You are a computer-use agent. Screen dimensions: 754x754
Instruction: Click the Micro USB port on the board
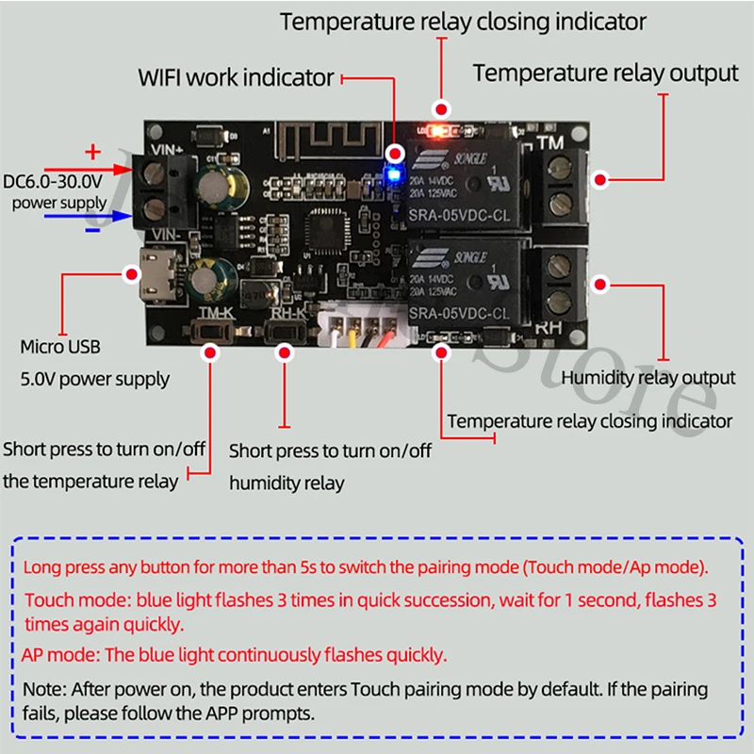pos(153,273)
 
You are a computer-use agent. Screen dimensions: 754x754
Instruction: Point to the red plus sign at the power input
pos(92,151)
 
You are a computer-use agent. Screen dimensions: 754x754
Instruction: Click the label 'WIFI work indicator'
pos(237,77)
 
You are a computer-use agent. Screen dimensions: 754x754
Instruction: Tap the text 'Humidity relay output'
pos(647,378)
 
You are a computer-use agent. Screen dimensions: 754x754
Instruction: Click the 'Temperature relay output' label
pos(605,73)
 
